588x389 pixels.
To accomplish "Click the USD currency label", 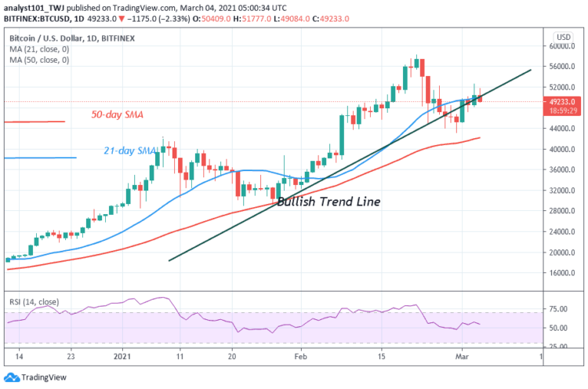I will [562, 36].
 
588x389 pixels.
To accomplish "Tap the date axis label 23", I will [71, 355].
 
